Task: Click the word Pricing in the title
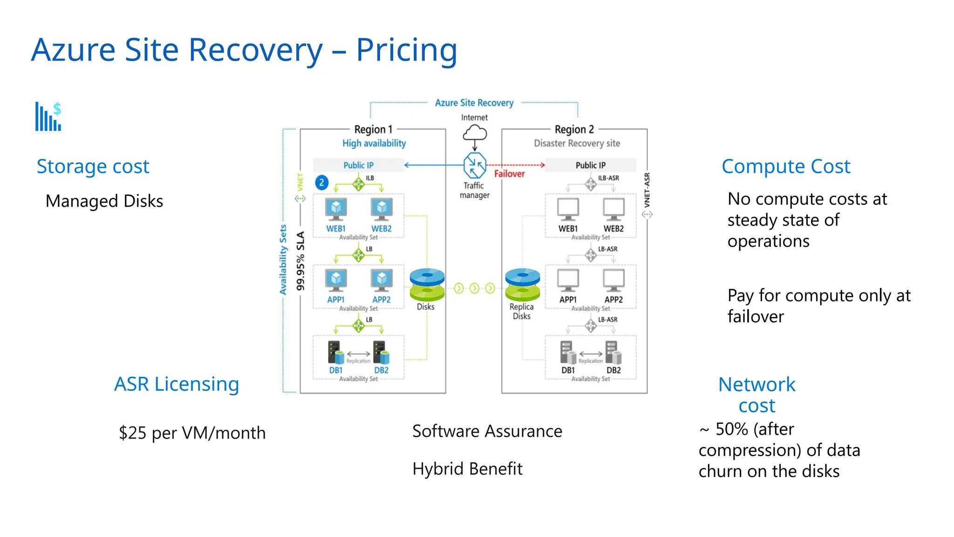point(406,50)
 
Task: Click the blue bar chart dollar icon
point(48,117)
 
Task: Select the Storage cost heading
point(93,166)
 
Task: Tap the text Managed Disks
point(104,201)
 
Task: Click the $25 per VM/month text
point(192,433)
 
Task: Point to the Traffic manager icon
point(475,165)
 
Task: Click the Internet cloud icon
point(475,133)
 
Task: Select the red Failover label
point(509,174)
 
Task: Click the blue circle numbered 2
point(321,183)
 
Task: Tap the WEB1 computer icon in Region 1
point(336,209)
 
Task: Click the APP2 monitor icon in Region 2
point(613,280)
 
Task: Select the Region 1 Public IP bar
point(358,165)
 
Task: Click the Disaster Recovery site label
point(577,143)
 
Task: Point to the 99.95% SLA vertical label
point(300,261)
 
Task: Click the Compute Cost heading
point(786,166)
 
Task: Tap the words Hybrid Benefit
point(467,468)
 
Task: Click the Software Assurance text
point(487,431)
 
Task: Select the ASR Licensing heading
point(177,384)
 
